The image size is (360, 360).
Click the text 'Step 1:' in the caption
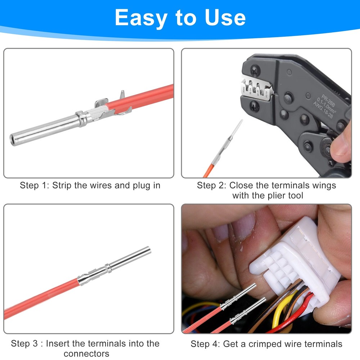point(35,186)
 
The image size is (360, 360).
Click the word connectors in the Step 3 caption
point(86,354)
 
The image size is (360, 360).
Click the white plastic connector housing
point(299,259)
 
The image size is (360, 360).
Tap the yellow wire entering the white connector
point(279,310)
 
